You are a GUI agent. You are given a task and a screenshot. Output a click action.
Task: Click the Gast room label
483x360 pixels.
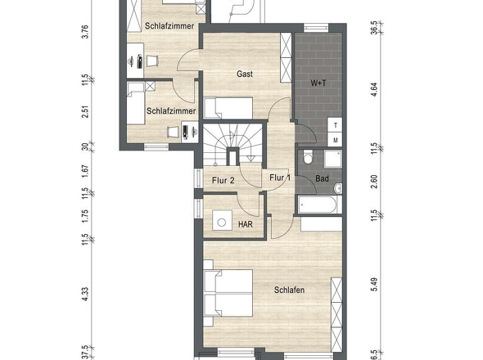[x=245, y=74]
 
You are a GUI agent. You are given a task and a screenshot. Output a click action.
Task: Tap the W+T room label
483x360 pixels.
[x=318, y=83]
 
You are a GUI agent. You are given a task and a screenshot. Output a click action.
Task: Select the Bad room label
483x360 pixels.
[x=323, y=178]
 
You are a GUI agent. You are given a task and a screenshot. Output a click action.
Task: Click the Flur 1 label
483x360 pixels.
[x=280, y=178]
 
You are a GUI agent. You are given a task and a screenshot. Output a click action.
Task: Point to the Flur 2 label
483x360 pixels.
[x=223, y=180]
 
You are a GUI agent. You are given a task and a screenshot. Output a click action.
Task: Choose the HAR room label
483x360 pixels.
[x=246, y=224]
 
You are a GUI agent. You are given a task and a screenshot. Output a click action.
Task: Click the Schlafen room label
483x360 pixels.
[x=290, y=290]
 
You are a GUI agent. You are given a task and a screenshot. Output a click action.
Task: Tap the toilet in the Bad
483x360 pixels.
[x=308, y=157]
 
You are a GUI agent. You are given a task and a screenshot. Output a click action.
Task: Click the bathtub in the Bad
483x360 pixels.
[x=318, y=205]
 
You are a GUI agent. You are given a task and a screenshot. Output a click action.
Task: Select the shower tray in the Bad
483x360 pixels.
[x=332, y=158]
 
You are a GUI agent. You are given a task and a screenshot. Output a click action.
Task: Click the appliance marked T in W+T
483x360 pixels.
[x=335, y=124]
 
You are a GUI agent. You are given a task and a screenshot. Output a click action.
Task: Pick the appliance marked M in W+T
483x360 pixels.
[x=335, y=139]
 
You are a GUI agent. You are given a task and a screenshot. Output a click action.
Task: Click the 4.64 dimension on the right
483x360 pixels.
[x=374, y=90]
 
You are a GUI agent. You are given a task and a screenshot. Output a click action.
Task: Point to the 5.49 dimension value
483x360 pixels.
[x=374, y=284]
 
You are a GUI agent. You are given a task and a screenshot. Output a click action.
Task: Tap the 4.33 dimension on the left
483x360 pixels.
[x=85, y=294]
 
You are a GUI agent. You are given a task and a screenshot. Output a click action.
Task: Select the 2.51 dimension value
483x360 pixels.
[x=85, y=111]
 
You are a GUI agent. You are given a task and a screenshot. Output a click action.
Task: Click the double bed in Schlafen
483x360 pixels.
[x=228, y=293]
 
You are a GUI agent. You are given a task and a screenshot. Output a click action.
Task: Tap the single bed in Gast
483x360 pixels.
[x=228, y=108]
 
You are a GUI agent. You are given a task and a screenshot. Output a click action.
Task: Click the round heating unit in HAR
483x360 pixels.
[x=222, y=222]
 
